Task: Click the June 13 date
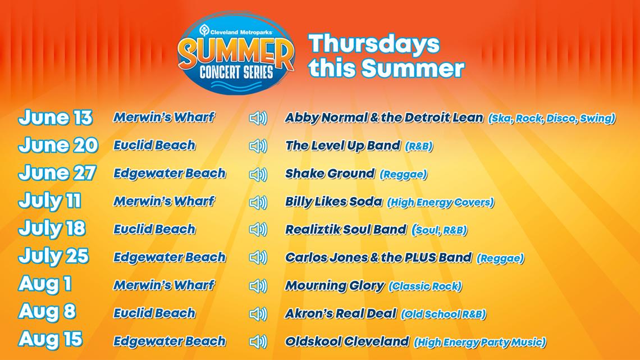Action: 55,118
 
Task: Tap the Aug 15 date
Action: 51,340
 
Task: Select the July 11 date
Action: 49,201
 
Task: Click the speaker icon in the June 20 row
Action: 258,146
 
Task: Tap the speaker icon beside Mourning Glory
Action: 258,286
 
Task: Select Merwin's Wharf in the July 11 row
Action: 164,201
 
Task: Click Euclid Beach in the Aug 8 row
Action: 154,313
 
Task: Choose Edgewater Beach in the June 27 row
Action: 170,173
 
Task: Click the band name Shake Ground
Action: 329,174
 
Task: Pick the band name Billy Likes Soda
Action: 333,202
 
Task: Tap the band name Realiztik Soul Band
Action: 345,229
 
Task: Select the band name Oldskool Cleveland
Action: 346,341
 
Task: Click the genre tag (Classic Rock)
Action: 425,286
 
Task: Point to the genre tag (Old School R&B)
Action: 443,314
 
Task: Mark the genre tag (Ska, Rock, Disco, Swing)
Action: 552,119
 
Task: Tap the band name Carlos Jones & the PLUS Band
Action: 378,257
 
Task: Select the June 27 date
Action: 57,173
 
